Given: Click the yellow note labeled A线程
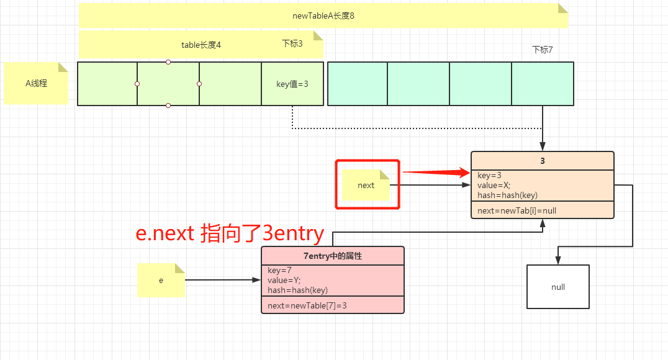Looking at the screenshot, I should [x=36, y=83].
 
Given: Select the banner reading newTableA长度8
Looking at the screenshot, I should [x=323, y=16].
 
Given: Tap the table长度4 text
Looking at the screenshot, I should [x=201, y=45].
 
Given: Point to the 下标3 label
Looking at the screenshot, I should [x=292, y=43].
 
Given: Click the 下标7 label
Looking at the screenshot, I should [x=542, y=50].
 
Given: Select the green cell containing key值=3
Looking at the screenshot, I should [x=292, y=84].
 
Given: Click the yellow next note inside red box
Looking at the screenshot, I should [x=366, y=185].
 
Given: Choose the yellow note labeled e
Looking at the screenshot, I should [x=161, y=280].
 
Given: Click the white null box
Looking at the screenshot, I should [x=557, y=287].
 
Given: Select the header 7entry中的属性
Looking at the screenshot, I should [x=332, y=256].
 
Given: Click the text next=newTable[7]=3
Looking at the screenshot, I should [x=307, y=305].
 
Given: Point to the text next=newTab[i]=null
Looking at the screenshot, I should [x=517, y=210].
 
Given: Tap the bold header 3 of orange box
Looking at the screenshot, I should [x=542, y=161].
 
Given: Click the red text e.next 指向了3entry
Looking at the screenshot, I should [x=230, y=233].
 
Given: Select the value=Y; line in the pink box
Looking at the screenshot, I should [x=284, y=280].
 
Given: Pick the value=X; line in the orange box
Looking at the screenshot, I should [x=494, y=185].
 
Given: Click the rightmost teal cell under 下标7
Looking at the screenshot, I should [x=542, y=84].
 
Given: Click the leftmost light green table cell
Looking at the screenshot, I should [x=107, y=84].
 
